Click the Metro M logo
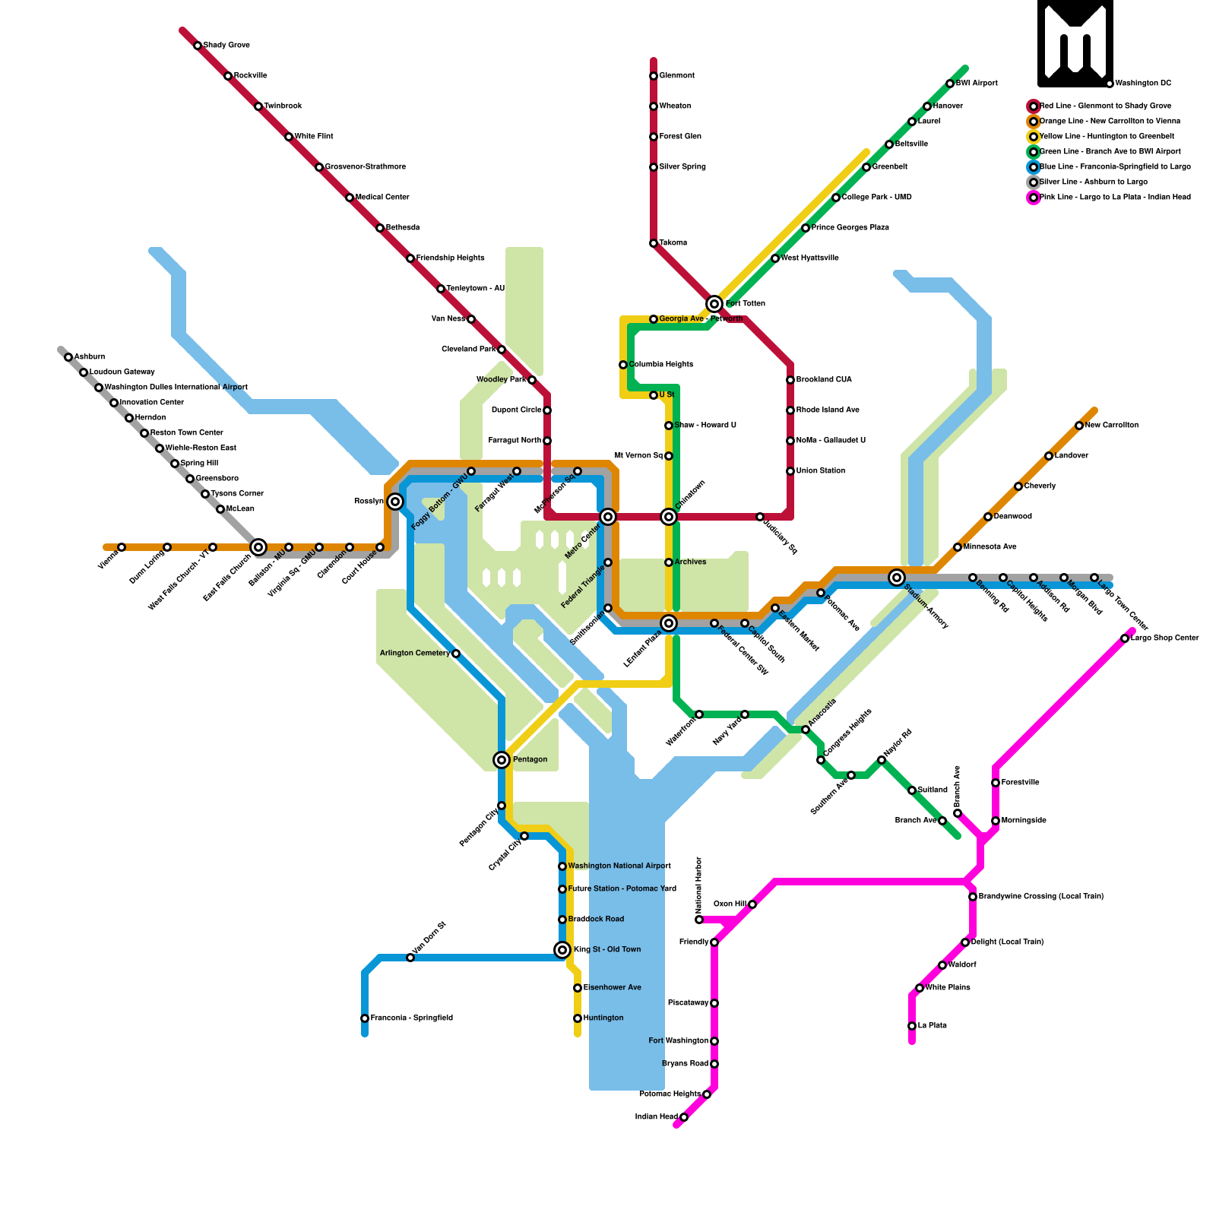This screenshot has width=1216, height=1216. [1075, 43]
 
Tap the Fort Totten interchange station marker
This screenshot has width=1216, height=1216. [714, 304]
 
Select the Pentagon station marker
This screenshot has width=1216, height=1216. [502, 760]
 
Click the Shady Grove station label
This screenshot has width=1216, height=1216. [226, 46]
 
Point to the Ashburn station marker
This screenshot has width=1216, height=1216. [68, 357]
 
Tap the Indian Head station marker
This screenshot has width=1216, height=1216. [684, 1117]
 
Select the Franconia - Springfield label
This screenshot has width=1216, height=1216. [411, 1018]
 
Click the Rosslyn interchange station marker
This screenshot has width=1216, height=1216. [395, 502]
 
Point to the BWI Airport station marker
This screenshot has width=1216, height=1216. [950, 84]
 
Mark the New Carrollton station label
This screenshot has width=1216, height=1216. [1111, 426]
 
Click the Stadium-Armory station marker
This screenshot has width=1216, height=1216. [897, 578]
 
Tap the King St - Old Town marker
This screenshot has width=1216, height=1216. [562, 950]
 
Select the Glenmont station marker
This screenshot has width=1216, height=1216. [654, 76]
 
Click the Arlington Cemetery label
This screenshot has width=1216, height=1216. [415, 654]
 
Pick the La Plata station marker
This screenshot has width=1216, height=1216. [912, 1026]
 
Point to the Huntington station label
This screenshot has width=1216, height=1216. [603, 1018]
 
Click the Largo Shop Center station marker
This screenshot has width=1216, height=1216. [1125, 638]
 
